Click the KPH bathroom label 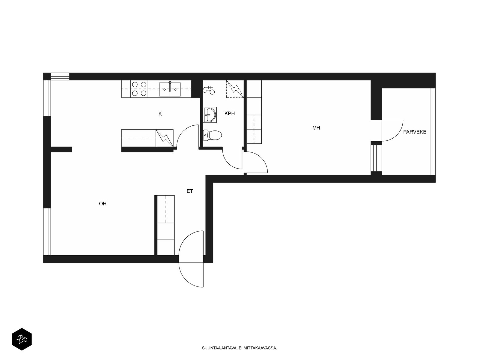[x=229, y=113]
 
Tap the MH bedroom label [x=316, y=128]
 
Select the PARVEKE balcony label [x=414, y=132]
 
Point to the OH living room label [x=103, y=203]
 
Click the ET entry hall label [x=190, y=191]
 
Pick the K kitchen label [x=160, y=114]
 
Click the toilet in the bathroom [x=212, y=135]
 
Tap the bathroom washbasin [x=210, y=115]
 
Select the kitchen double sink [x=170, y=89]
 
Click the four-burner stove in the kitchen [x=139, y=89]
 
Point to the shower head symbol [x=209, y=90]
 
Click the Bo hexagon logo [x=22, y=339]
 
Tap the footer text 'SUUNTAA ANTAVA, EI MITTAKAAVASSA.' [x=239, y=348]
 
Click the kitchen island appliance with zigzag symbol [x=164, y=138]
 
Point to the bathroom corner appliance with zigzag [x=235, y=89]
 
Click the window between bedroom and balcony [x=376, y=158]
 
